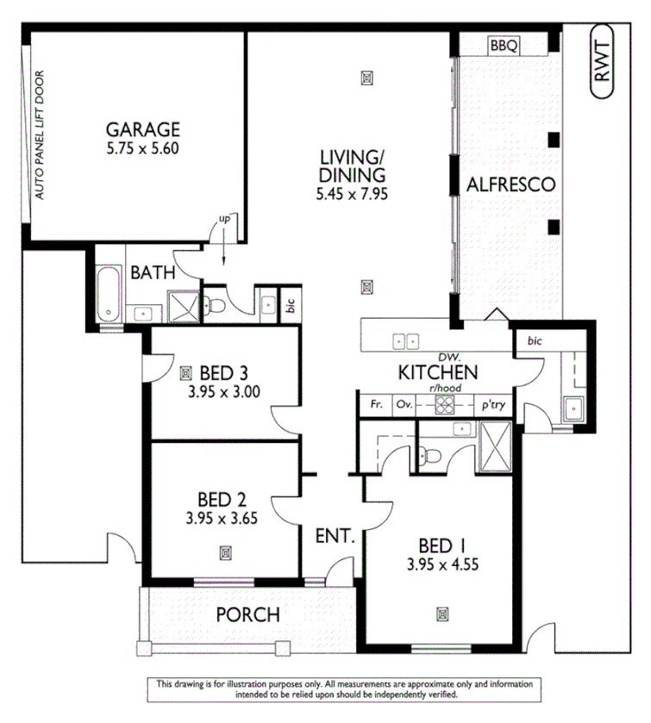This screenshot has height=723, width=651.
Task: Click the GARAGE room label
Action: pos(142,129)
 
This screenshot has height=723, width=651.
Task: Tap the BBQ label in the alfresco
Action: pos(503,46)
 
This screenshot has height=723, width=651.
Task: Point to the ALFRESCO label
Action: pos(510,184)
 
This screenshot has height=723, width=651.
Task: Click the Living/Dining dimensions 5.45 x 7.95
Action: pos(352,195)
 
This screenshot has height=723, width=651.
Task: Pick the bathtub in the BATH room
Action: pos(108,294)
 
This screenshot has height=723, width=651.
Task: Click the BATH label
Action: pos(153,273)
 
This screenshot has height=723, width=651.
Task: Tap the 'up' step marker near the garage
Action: pos(224,221)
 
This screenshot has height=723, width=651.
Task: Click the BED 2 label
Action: pos(222,500)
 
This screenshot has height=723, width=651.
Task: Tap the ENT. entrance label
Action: pos(335,536)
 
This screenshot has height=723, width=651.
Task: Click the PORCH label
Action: pos(247,614)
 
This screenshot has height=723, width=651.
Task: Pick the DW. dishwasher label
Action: pos(446,356)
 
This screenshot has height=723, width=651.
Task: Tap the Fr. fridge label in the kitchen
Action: pos(376,404)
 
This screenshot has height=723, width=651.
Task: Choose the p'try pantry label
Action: pos(492,404)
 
